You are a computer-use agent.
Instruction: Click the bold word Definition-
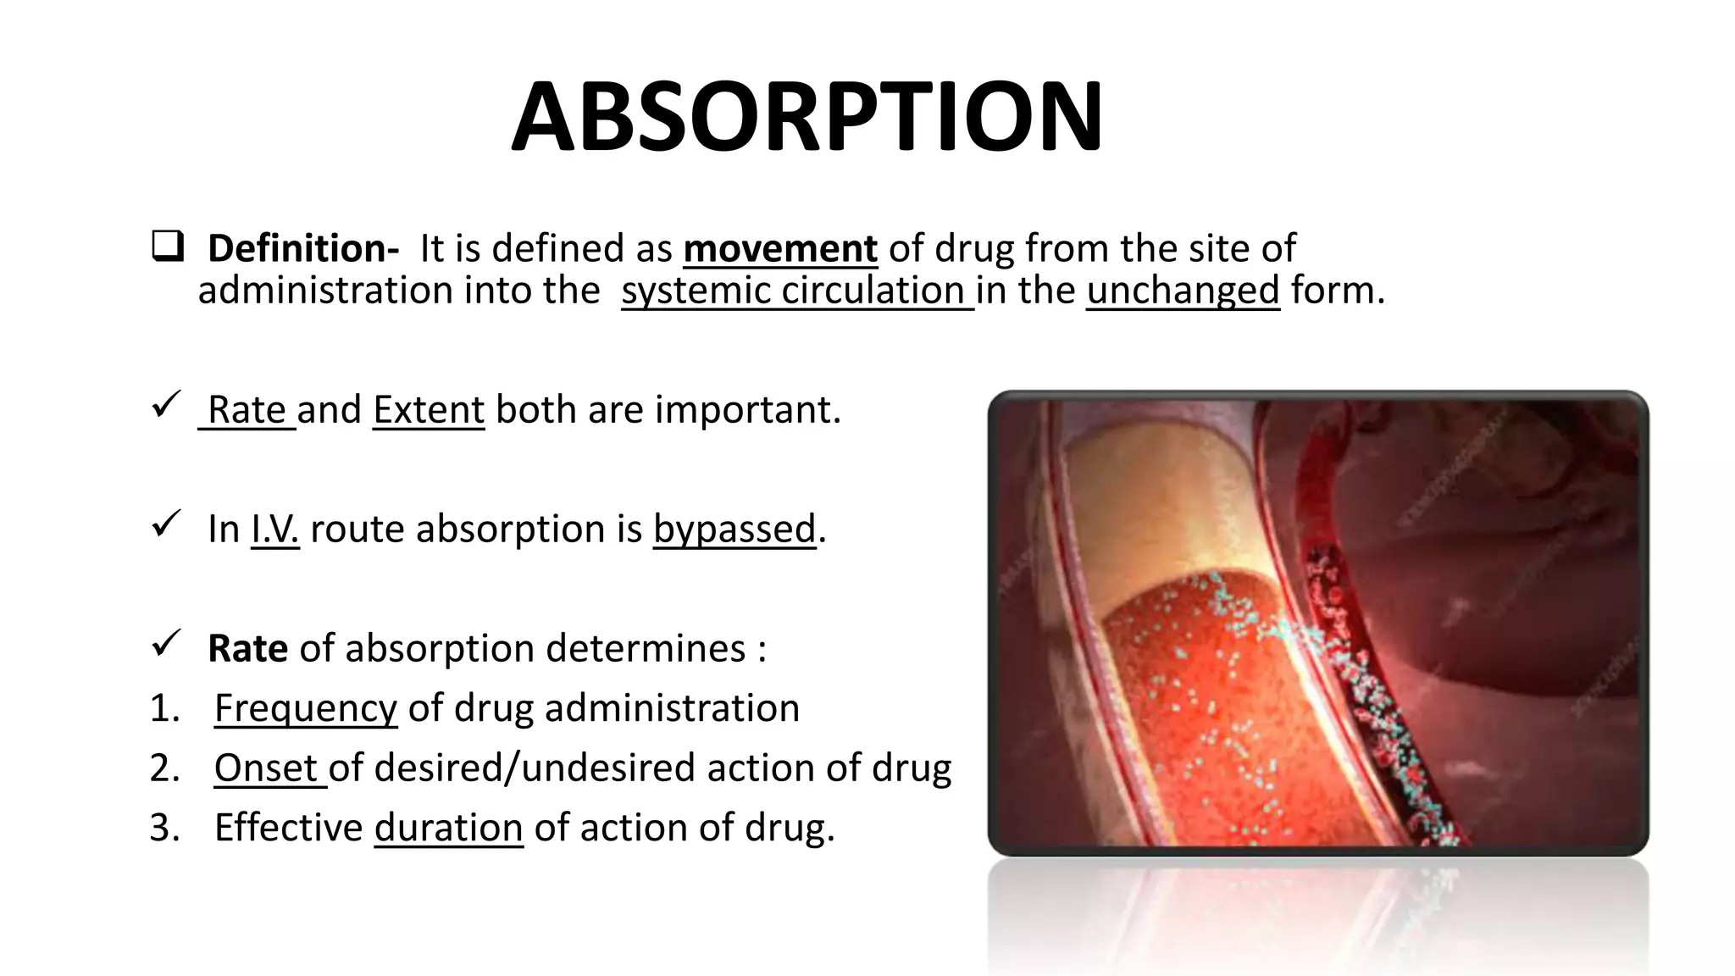point(302,249)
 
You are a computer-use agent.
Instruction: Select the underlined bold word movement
point(779,249)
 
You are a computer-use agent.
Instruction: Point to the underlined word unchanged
point(1183,291)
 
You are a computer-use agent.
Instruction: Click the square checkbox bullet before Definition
point(167,247)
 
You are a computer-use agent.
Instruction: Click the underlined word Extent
point(429,410)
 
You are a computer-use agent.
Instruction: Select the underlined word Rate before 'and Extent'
point(247,410)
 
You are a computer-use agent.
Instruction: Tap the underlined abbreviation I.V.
point(275,530)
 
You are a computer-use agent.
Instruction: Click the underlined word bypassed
point(734,530)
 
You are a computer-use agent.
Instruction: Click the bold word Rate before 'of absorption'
point(247,649)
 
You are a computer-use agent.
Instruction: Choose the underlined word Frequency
point(305,708)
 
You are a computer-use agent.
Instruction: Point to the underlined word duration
point(448,828)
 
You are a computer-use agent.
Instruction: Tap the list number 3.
point(164,828)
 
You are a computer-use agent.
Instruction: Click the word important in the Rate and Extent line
point(747,410)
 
